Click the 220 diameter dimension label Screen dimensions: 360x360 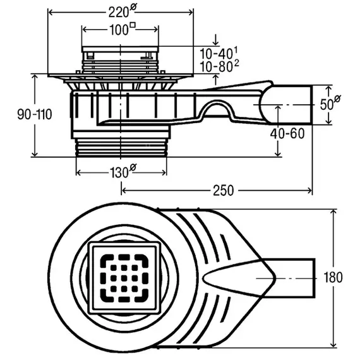(x=122, y=11)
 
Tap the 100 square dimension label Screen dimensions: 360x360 (x=123, y=29)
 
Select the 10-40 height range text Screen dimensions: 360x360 (x=219, y=54)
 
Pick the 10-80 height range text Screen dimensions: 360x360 (x=219, y=66)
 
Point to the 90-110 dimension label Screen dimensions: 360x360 (x=35, y=114)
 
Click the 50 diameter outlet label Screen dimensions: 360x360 (x=330, y=104)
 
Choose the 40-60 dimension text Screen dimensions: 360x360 (x=287, y=133)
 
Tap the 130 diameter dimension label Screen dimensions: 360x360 (x=123, y=171)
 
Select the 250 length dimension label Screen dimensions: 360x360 (x=223, y=191)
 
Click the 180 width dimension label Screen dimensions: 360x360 (x=333, y=277)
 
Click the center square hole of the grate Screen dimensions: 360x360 (x=124, y=278)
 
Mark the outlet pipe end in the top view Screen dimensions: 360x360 (x=315, y=278)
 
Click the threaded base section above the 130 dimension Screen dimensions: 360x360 (x=121, y=148)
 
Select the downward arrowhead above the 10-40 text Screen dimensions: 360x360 (x=215, y=42)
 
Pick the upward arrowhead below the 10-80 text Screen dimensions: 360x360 (x=215, y=78)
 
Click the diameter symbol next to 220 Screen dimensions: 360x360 (x=133, y=7)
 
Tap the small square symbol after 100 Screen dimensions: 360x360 (x=133, y=25)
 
